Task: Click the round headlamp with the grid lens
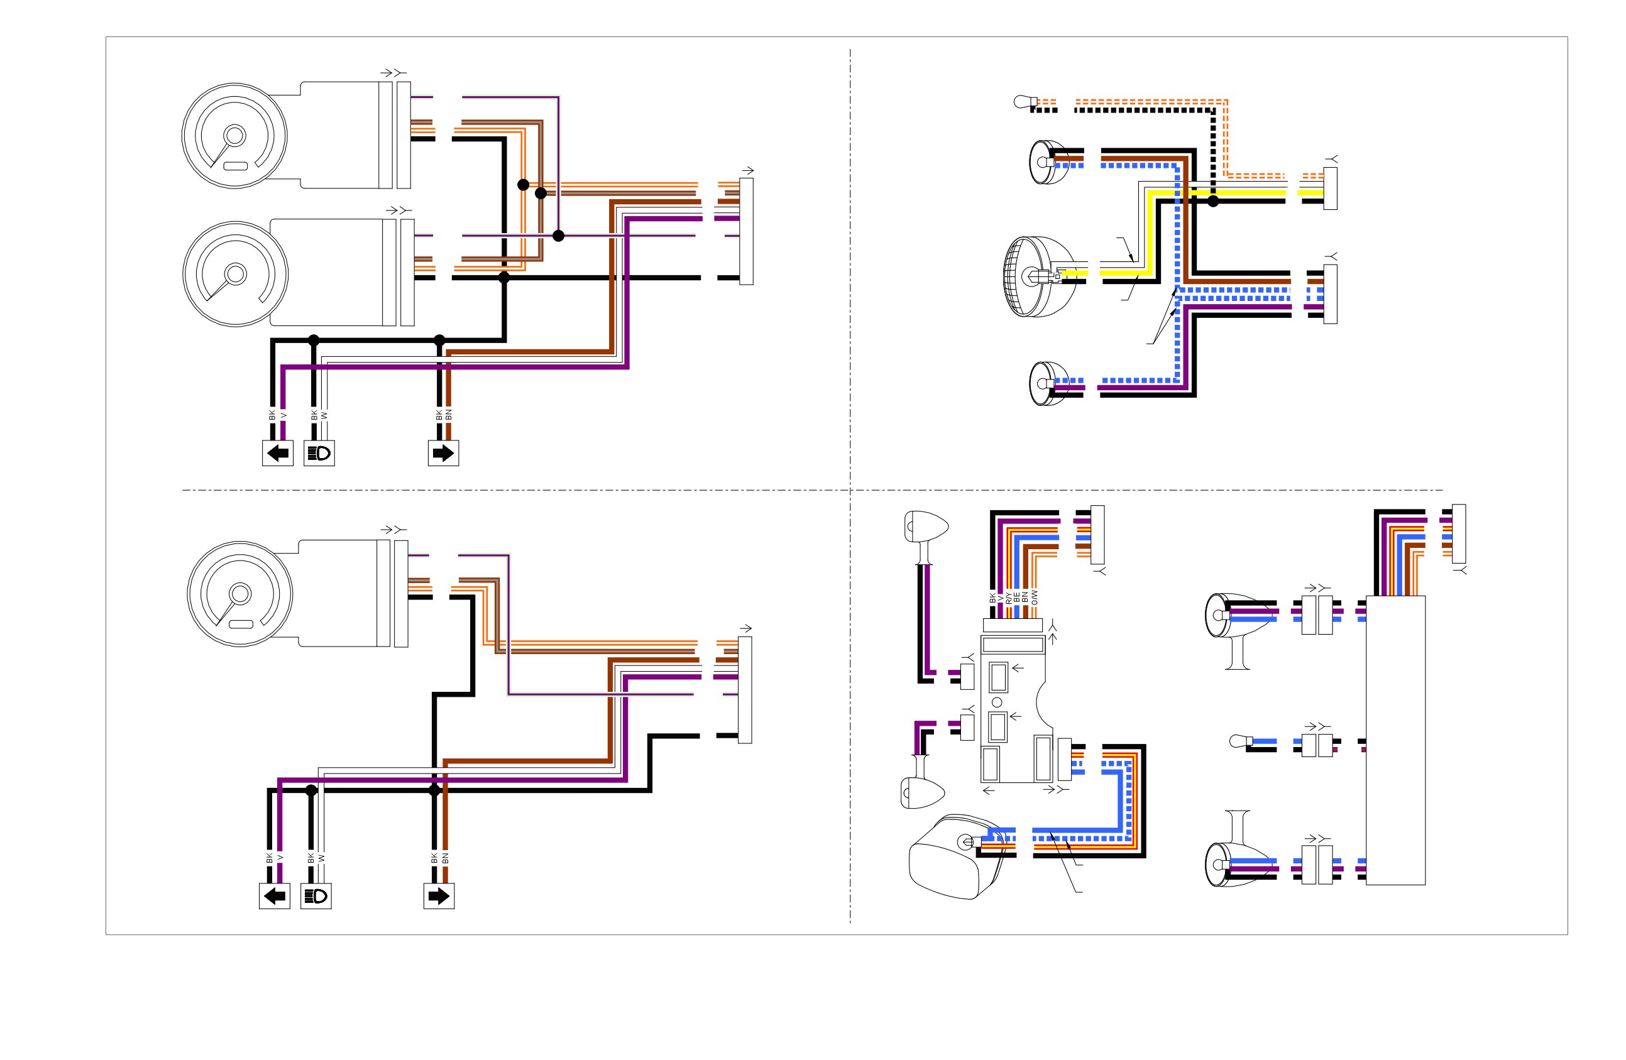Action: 1033,276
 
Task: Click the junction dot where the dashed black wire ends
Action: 1212,201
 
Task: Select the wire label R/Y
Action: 1008,598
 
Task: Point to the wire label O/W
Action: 1034,597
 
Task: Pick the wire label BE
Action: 1016,598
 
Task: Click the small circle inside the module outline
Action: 997,702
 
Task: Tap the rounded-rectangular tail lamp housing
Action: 957,856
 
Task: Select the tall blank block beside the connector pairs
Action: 1395,740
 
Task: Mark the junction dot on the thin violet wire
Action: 558,236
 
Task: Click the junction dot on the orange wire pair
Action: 524,184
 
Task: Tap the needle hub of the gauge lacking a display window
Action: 236,274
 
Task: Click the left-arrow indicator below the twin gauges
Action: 277,453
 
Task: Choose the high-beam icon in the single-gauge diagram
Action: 316,896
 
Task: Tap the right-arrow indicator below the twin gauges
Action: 443,453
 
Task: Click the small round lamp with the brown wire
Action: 1050,163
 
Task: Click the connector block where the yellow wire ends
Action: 1330,189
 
